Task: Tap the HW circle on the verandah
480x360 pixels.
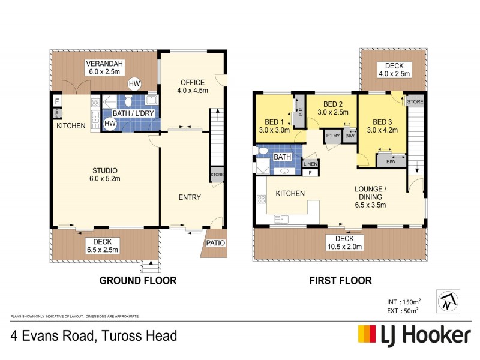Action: coord(135,83)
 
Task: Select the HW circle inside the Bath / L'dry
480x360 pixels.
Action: coord(110,124)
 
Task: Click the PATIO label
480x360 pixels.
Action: coord(214,243)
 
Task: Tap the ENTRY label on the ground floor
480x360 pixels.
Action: coord(190,197)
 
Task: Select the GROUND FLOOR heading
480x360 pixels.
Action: coord(137,280)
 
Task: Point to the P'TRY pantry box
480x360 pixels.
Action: coord(332,136)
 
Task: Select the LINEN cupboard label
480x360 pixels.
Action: coord(310,164)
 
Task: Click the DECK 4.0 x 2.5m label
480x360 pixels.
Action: coord(394,70)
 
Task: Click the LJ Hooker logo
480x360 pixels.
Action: coord(413,334)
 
